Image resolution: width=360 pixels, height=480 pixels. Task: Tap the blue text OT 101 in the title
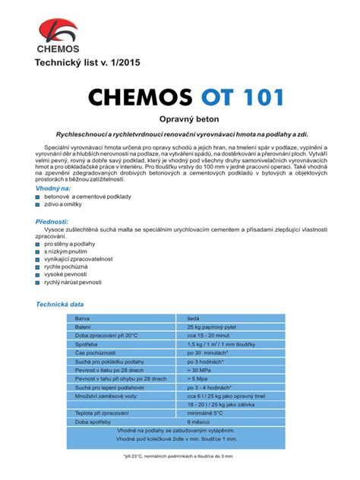[x=242, y=98]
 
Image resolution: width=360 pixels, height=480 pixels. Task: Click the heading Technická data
[x=60, y=304]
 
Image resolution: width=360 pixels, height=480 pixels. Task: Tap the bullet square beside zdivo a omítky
[x=38, y=205]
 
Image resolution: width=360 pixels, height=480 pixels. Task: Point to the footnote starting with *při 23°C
[x=179, y=456]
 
